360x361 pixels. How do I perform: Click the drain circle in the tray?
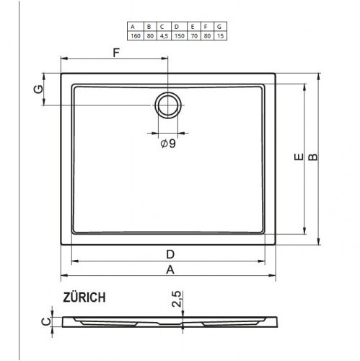coord(168,105)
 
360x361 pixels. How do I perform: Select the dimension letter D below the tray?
coord(170,254)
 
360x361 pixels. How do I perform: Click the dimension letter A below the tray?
coord(170,269)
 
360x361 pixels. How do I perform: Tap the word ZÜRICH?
coord(84,296)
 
